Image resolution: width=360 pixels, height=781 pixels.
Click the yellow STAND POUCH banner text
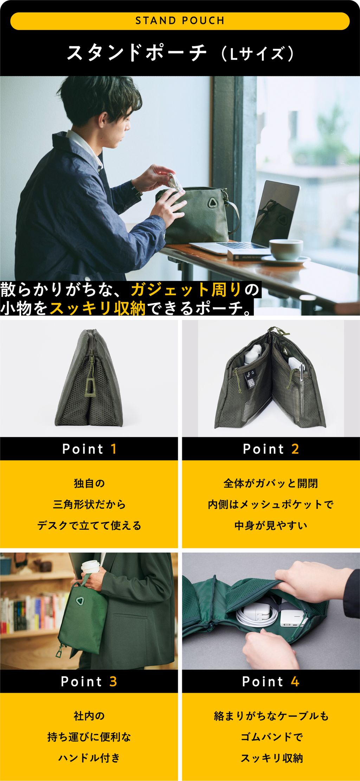[180, 21]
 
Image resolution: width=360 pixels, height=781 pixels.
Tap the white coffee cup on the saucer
[285, 249]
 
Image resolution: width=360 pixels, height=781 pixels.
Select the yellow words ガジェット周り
[186, 290]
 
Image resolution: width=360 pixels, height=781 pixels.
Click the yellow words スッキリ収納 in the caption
[98, 308]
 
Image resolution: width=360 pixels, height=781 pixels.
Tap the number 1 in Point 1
[114, 449]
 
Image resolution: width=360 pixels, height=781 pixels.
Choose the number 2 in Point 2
[295, 449]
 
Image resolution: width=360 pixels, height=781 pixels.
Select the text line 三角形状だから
[89, 505]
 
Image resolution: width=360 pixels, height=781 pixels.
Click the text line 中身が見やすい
[271, 526]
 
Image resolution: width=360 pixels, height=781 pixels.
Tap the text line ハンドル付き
[89, 758]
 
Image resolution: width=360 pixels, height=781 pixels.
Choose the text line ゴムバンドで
[271, 737]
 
